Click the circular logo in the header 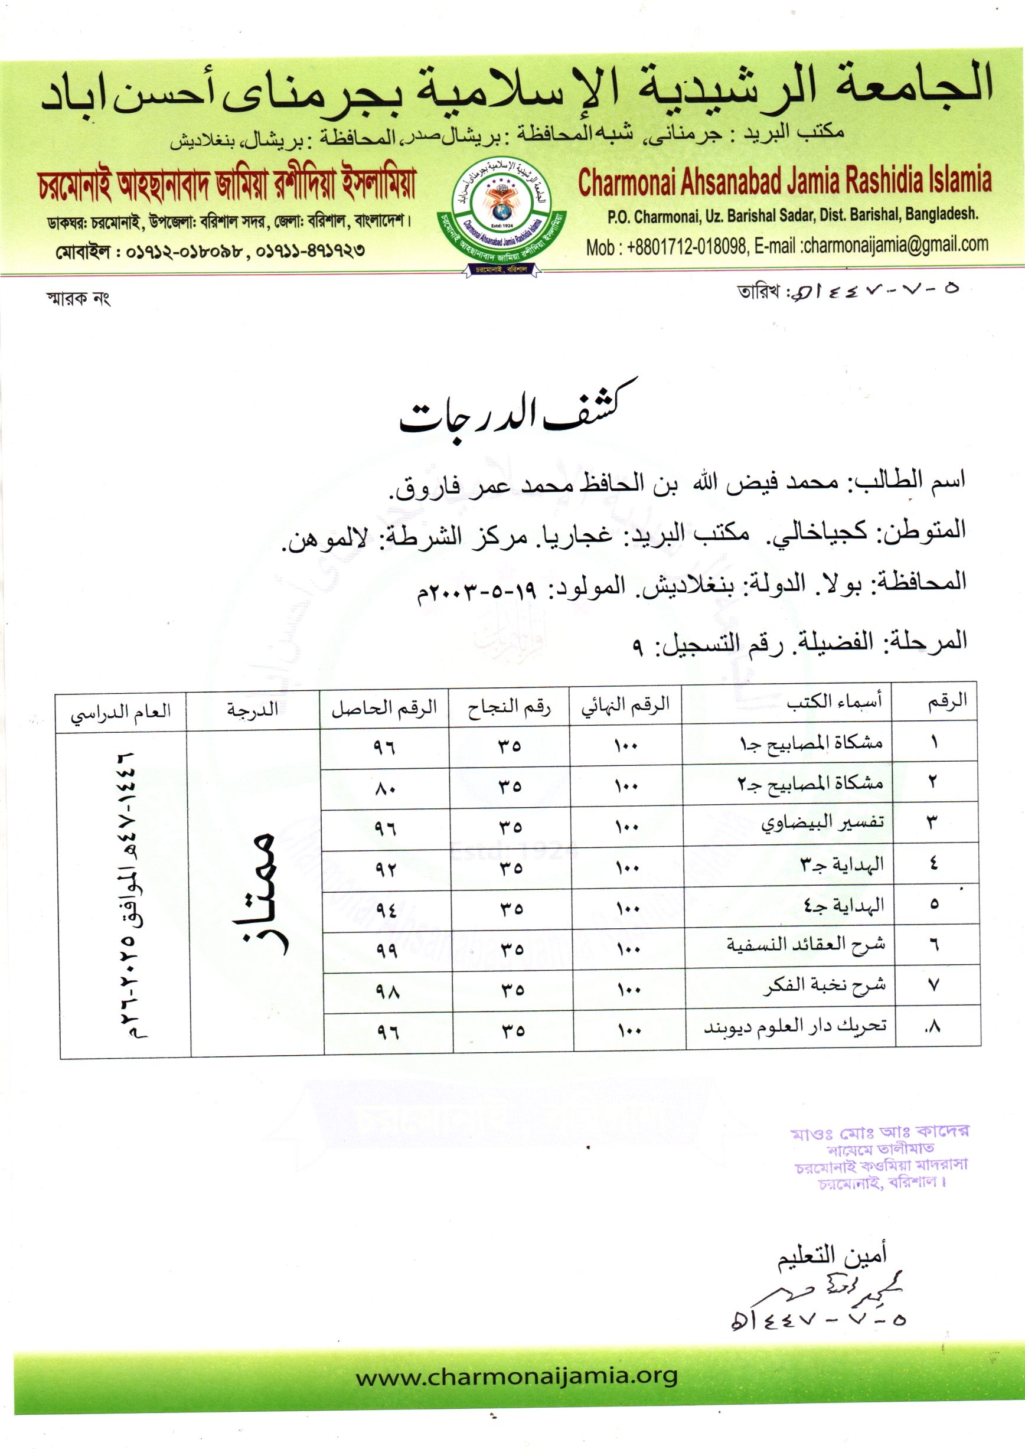tap(501, 216)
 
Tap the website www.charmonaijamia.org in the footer tap(516, 1376)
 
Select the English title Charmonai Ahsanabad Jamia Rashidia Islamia tap(785, 182)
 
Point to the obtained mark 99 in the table tap(386, 951)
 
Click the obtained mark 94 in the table tap(386, 910)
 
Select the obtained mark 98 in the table tap(387, 991)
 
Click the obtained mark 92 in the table tap(385, 870)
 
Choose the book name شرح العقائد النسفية tap(805, 945)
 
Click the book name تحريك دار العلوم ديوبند tap(795, 1026)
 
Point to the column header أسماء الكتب tap(834, 702)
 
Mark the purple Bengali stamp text tap(880, 1156)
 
